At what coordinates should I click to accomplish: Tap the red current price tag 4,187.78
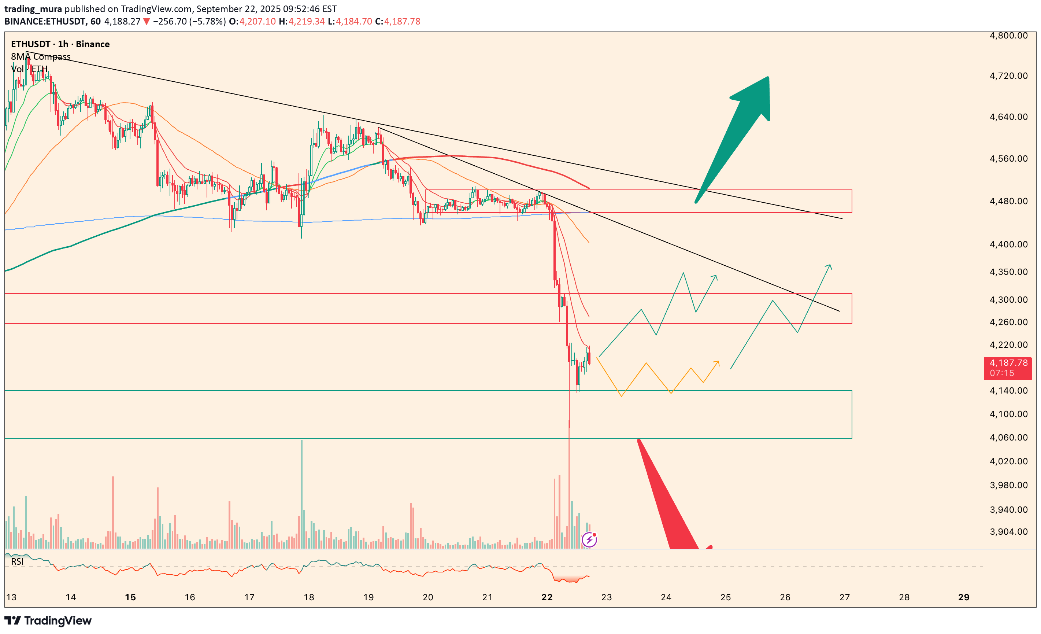(1007, 367)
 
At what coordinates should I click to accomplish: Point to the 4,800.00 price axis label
(1008, 36)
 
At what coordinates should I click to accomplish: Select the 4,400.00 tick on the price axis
(1008, 244)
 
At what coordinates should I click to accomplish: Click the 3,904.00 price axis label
(1008, 531)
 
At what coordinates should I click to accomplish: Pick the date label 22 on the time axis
(547, 597)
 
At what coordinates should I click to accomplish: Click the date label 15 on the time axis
(130, 597)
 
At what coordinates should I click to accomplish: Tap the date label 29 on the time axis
(963, 597)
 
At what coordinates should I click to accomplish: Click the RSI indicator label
(17, 561)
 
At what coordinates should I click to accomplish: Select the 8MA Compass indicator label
(41, 57)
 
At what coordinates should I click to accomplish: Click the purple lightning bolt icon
(589, 540)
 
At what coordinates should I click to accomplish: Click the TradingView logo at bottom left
(48, 620)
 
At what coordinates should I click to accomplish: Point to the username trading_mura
(33, 9)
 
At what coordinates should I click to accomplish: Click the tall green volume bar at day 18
(302, 494)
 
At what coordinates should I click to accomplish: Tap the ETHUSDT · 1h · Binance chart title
(60, 44)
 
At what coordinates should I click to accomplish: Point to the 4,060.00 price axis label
(1008, 438)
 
